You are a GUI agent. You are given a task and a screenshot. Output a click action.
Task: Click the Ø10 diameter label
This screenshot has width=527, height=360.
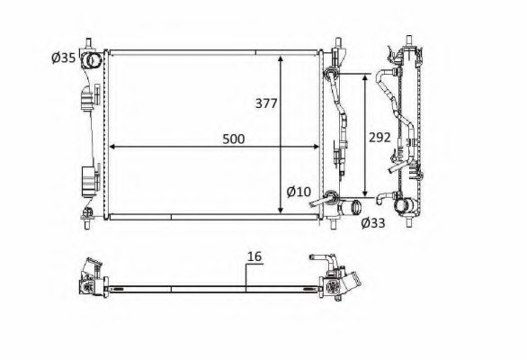299,191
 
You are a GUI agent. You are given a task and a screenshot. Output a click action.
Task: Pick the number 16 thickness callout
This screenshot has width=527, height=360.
255,257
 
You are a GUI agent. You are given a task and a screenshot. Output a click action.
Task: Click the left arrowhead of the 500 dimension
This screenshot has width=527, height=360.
112,145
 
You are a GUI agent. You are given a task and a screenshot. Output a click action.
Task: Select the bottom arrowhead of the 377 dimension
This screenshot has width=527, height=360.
282,209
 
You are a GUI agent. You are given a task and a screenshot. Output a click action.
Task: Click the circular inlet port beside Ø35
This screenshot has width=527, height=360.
91,61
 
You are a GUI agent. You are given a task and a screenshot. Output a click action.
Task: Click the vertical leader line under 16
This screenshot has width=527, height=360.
246,274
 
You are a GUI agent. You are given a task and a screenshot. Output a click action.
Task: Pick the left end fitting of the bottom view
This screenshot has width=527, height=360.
94,278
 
